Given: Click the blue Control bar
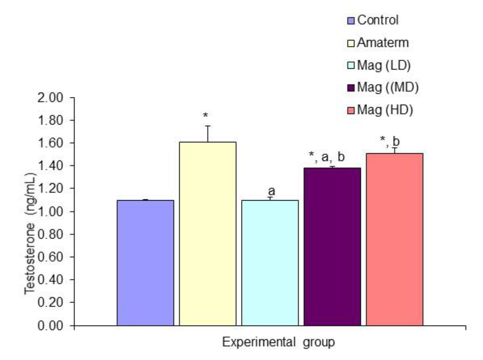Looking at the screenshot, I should point(145,263).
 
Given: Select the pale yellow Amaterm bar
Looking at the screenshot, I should point(207,234).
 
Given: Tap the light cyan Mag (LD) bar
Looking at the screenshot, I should point(270,263).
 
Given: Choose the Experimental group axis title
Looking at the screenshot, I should point(278,343).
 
